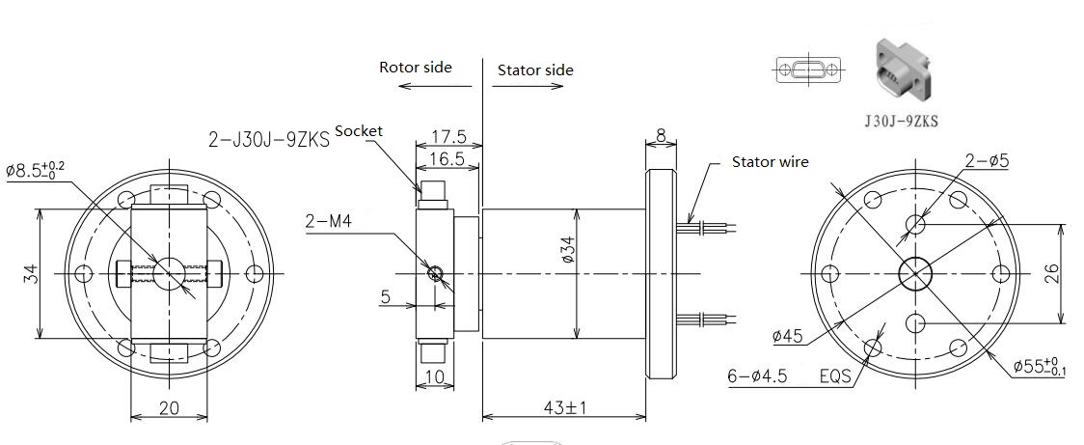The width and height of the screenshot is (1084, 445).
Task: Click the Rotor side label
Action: [x=416, y=68]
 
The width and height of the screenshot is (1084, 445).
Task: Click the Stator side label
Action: [x=536, y=70]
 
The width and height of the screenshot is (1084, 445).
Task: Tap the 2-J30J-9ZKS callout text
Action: [x=269, y=140]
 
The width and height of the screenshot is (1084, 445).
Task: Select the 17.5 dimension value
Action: [x=448, y=136]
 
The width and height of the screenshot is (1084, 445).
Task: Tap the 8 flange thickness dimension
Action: [x=662, y=136]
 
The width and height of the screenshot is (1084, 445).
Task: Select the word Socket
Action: [x=358, y=131]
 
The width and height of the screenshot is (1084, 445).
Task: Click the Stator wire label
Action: [x=771, y=162]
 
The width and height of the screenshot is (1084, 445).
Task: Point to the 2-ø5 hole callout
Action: [x=987, y=160]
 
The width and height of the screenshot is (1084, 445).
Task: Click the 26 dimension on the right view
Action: [x=1070, y=274]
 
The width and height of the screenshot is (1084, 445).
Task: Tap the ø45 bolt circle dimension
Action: [x=787, y=336]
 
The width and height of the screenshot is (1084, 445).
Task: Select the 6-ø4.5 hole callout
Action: [x=757, y=376]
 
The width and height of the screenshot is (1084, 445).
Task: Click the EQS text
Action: [x=836, y=376]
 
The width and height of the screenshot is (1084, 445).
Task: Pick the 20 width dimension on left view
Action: [x=169, y=407]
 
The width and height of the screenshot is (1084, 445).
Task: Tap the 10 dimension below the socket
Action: [x=435, y=377]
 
